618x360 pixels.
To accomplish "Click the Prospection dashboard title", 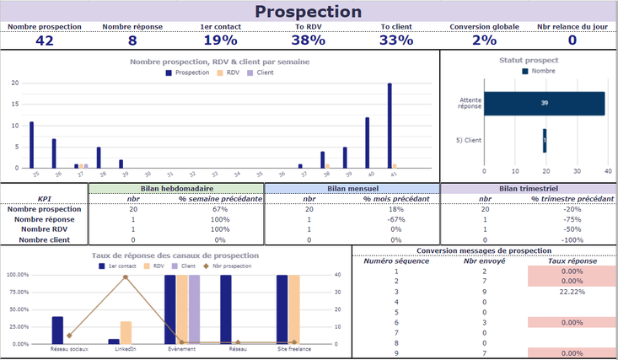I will tap(309, 12).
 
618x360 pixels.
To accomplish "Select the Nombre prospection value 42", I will tap(45, 40).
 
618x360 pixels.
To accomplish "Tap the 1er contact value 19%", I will tap(219, 40).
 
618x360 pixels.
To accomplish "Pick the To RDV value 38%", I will tap(309, 40).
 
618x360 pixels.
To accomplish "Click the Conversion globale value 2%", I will tap(484, 40).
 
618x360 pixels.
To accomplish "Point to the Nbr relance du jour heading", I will tap(572, 27).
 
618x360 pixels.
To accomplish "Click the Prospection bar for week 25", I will tap(32, 145).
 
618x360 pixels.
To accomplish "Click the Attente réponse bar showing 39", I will tap(544, 103).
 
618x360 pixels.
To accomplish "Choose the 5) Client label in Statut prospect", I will tap(468, 140).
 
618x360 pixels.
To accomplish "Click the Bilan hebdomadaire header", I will tap(176, 188).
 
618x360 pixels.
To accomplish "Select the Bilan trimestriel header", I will tap(529, 188).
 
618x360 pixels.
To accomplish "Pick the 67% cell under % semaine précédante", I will tap(221, 209).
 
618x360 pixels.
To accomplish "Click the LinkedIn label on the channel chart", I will tap(126, 348).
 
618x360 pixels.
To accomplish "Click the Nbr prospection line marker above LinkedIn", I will tap(126, 277).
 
